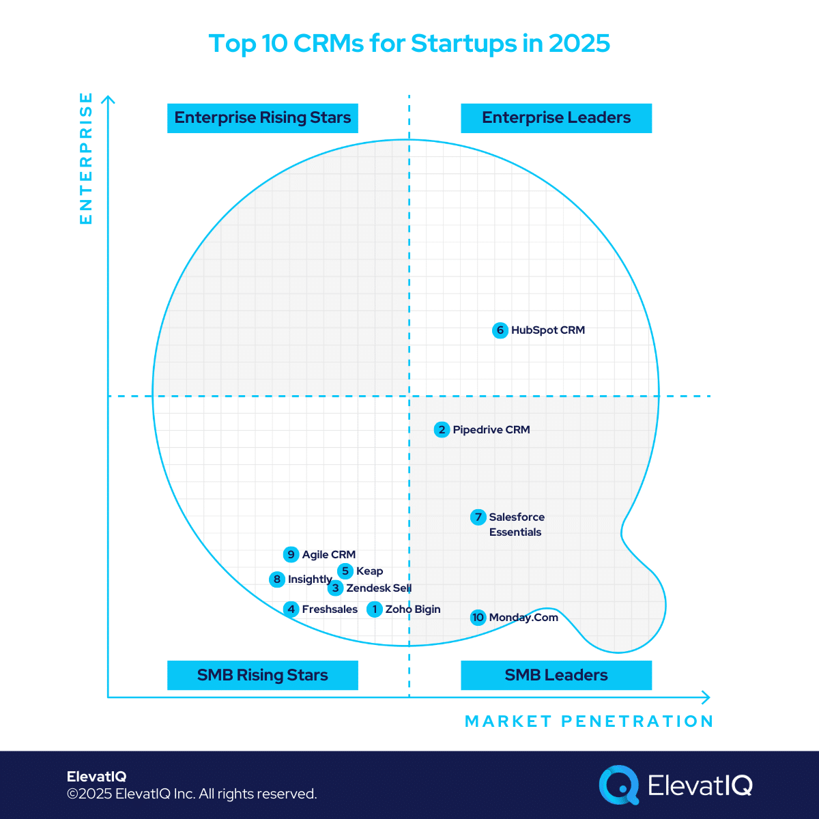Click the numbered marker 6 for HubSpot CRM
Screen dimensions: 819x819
[x=500, y=330]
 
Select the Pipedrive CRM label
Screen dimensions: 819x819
[x=491, y=430]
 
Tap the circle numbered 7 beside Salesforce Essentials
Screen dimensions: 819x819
[x=478, y=517]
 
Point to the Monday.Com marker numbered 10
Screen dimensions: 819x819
[x=478, y=618]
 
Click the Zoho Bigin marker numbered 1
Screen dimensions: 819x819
[x=374, y=609]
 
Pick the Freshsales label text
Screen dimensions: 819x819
[x=330, y=609]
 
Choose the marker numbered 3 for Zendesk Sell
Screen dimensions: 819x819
[x=335, y=588]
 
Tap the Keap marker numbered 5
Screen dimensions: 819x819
[x=345, y=571]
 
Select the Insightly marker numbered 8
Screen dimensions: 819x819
[x=276, y=579]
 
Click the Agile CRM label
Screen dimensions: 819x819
[x=329, y=555]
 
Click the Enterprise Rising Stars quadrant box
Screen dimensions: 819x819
[x=263, y=118]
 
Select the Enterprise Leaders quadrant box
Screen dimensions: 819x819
[x=556, y=118]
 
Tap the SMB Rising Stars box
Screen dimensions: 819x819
[x=263, y=675]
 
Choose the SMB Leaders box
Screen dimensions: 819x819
[x=556, y=675]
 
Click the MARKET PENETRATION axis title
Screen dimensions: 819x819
[x=588, y=721]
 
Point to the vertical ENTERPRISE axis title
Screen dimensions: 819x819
[x=86, y=158]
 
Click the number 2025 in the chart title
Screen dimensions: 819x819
[x=579, y=43]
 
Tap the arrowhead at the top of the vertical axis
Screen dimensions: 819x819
[x=109, y=100]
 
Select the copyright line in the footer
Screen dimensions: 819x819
[x=192, y=794]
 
